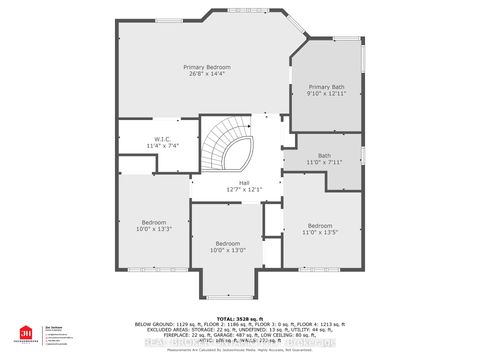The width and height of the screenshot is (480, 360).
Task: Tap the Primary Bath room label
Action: (x=325, y=87)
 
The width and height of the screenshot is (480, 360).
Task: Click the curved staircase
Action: (x=226, y=150)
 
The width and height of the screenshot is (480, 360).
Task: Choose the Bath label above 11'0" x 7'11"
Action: (x=324, y=155)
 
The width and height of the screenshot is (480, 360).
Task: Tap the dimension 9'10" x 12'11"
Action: (x=325, y=95)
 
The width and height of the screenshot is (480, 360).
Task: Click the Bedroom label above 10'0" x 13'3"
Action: (x=153, y=221)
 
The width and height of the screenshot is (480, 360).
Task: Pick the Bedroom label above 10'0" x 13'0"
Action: (x=228, y=243)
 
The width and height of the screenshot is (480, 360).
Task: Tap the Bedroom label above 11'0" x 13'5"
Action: (x=320, y=225)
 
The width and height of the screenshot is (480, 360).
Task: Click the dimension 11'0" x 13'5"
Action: (x=320, y=233)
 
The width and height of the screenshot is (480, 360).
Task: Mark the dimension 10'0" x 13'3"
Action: (x=153, y=229)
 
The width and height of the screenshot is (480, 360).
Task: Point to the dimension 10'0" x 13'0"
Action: (x=228, y=251)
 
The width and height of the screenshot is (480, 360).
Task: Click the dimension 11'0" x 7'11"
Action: (x=324, y=163)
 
